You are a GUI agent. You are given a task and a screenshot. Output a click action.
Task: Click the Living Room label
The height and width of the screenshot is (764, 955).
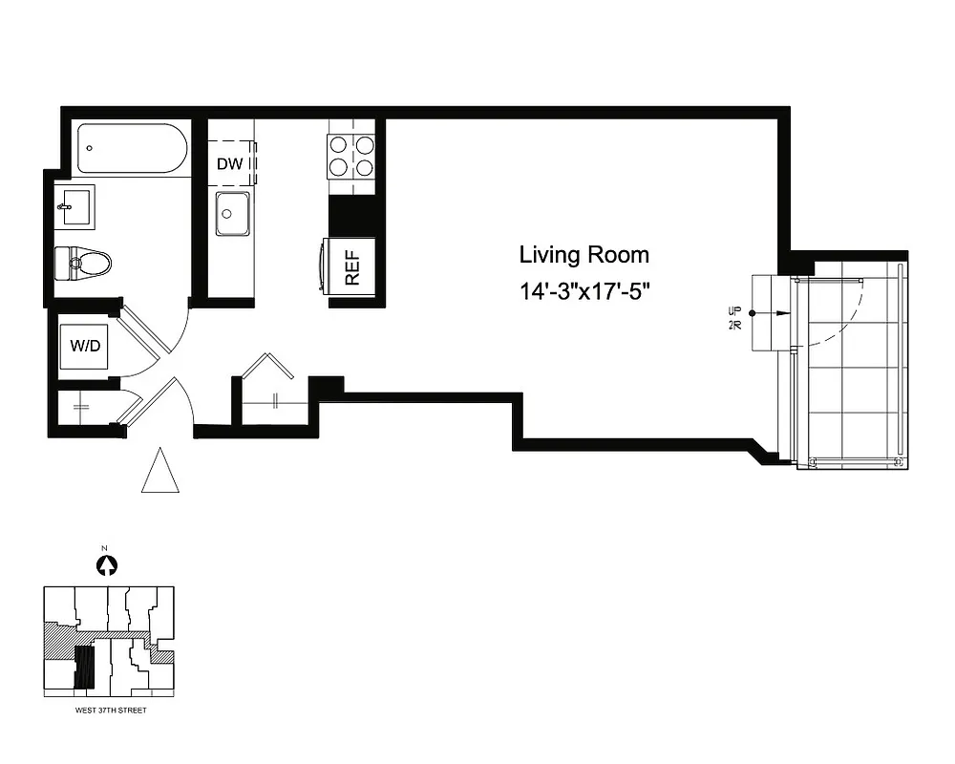tap(584, 255)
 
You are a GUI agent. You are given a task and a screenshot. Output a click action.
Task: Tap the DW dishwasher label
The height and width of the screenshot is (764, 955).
tap(229, 163)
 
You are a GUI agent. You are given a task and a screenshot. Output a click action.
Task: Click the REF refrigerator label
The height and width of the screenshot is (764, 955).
tap(350, 268)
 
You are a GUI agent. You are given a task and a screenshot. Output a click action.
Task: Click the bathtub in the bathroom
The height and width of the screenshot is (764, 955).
tap(131, 148)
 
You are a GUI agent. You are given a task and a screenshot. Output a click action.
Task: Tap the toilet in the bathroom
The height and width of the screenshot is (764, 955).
tap(83, 262)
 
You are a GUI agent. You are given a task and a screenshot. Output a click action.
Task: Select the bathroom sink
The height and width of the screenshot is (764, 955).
tap(75, 206)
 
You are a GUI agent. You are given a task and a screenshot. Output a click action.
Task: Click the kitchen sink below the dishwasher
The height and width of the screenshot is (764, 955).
tap(232, 213)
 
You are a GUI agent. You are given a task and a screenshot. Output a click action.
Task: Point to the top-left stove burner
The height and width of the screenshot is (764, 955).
tap(338, 145)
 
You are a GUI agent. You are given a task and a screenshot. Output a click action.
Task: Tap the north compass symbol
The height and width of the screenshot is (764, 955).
tap(107, 565)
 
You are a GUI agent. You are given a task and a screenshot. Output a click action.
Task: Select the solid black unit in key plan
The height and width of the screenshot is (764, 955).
tap(85, 668)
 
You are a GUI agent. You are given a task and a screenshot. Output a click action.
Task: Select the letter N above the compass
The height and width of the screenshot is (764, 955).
tap(107, 549)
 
